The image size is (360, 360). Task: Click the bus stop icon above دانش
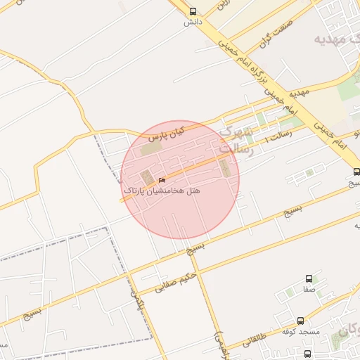tap(193, 11)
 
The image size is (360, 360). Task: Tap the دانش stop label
tap(193, 22)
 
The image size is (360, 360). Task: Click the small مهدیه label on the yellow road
tap(299, 92)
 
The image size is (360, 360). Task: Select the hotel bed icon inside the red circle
tap(162, 181)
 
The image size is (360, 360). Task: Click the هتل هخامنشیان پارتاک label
tap(162, 191)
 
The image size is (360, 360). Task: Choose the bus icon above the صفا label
tap(310, 279)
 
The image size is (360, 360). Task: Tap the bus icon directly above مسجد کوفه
tap(301, 321)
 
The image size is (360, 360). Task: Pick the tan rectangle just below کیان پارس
tap(150, 149)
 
